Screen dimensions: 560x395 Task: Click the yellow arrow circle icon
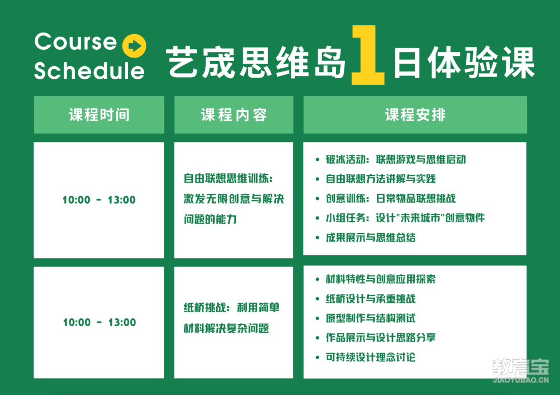pos(134,46)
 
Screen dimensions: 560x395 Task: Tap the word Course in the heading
pos(76,42)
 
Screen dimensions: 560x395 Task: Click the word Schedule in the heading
pos(89,70)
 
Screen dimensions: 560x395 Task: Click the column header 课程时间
pos(99,115)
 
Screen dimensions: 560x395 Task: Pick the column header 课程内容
pos(234,115)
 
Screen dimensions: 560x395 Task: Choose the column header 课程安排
pos(415,115)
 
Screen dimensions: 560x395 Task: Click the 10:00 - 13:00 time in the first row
pos(99,200)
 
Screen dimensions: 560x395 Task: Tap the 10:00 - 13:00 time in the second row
pos(100,323)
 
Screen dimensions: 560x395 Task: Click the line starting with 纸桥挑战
pos(232,308)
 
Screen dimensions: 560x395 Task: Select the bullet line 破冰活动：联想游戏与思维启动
pos(396,159)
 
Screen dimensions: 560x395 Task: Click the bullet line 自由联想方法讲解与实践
pos(381,179)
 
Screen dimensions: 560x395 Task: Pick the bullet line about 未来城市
pos(405,217)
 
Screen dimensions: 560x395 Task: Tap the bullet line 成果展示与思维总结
pos(370,238)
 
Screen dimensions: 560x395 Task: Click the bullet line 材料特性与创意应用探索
pos(381,279)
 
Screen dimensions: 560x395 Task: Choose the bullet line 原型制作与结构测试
pos(370,318)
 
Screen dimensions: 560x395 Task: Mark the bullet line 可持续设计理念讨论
pos(370,357)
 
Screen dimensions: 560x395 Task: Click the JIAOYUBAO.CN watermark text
pos(521,380)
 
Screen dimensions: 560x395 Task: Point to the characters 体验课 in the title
pos(481,63)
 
